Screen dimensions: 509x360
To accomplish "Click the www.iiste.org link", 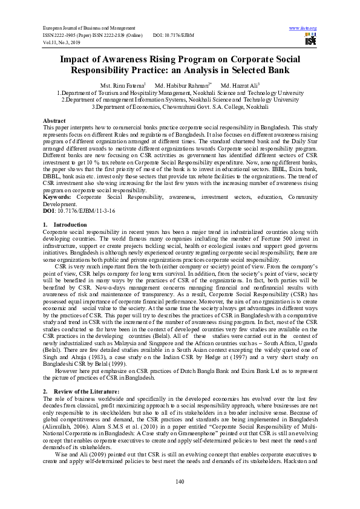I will tap(303, 28).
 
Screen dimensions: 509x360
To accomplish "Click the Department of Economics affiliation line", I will tap(180, 106).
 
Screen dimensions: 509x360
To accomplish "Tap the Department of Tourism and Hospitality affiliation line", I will tap(180, 93).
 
